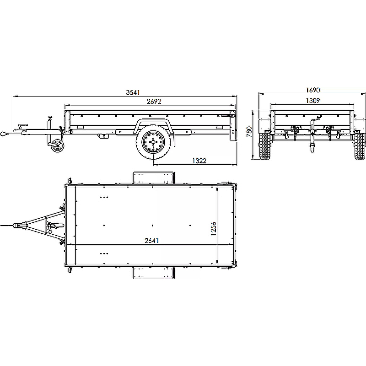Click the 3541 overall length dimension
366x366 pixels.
pos(133,92)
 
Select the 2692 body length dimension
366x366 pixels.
pos(154,102)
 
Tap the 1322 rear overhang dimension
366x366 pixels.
pos(199,161)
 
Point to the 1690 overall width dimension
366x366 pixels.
pos(313,90)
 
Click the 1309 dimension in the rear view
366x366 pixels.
pos(313,101)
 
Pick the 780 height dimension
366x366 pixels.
pos(249,132)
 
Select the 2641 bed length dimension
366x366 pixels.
pos(151,241)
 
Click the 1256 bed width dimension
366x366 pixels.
pos(213,229)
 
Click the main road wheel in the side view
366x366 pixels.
pos(153,142)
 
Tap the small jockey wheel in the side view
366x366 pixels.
pos(57,146)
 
